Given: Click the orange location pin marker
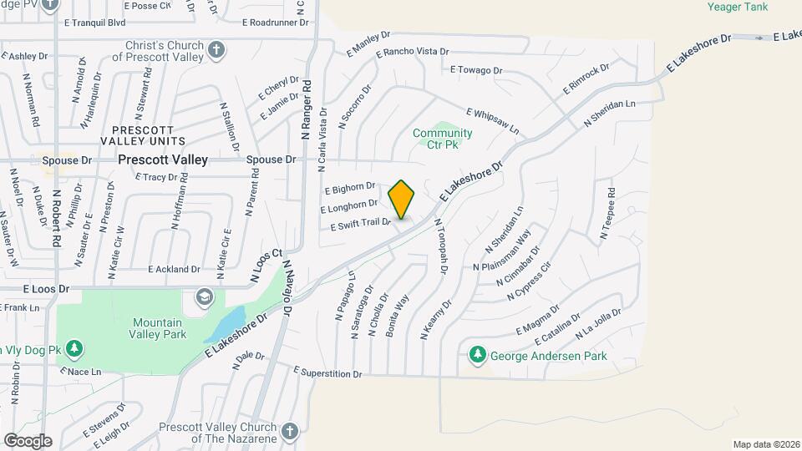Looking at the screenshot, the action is (402, 199).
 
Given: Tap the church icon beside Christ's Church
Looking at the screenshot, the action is (216, 49).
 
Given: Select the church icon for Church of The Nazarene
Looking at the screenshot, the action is (289, 432).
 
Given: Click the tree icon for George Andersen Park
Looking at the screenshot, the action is (477, 355).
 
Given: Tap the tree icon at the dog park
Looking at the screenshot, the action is (75, 348).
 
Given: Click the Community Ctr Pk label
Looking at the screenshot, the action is (442, 139).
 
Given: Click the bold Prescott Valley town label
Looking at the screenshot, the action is (163, 159).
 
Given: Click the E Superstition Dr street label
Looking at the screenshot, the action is (328, 372).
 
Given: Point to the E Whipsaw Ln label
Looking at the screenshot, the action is (493, 122).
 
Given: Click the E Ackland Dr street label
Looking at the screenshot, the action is (175, 269).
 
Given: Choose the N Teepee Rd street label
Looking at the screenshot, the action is (607, 220).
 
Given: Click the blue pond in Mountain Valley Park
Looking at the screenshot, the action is (223, 322).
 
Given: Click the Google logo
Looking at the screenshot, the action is (28, 440).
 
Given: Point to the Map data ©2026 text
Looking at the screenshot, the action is (764, 443).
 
